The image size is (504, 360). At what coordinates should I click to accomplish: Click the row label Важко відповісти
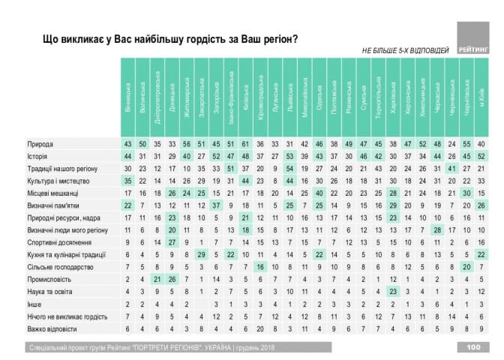click(x=53, y=328)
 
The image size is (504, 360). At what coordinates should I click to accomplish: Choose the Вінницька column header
click(x=129, y=97)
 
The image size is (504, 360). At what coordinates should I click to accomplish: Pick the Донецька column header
click(x=172, y=97)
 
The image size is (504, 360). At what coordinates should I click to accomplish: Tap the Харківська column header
click(x=393, y=97)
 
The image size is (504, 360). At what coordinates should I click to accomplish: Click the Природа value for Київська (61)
click(x=245, y=143)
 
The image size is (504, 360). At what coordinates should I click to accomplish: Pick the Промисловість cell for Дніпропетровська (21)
click(x=157, y=279)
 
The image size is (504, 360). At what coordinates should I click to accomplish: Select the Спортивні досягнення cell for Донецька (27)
click(x=172, y=243)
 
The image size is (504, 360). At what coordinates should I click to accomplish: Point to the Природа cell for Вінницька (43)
click(x=129, y=143)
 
